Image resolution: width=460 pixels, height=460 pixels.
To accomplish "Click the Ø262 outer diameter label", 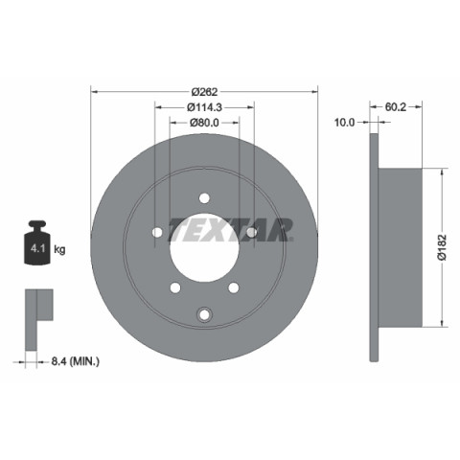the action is [204, 92].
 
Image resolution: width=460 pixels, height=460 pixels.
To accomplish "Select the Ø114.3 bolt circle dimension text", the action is [204, 107].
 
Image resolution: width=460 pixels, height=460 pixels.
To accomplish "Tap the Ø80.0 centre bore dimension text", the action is [204, 123].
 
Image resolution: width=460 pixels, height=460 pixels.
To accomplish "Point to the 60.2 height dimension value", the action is [396, 107].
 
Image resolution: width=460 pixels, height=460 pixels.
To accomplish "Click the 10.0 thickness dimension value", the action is [344, 123].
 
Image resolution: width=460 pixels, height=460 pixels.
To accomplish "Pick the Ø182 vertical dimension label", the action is [442, 247].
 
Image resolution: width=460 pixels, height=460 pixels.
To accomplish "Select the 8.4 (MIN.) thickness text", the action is [75, 361].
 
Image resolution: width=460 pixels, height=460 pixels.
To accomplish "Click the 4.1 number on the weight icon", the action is [37, 248].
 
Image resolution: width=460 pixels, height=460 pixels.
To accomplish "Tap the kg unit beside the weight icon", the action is [59, 249].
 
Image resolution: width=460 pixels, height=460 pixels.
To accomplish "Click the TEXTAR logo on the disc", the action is [231, 230].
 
